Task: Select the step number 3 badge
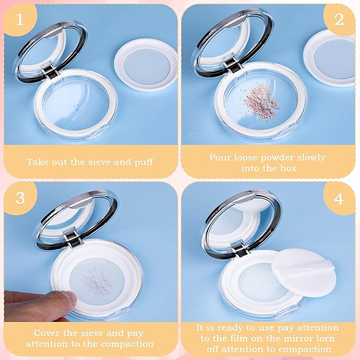tap(20, 198)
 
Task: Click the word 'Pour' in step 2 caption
tap(220, 157)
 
